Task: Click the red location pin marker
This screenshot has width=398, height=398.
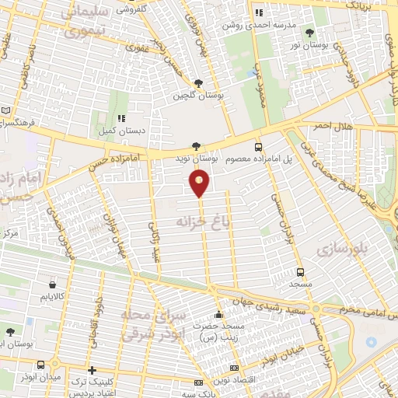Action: click(200, 183)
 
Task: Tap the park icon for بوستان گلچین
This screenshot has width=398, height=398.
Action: click(199, 83)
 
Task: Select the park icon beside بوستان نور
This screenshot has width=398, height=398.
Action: click(310, 33)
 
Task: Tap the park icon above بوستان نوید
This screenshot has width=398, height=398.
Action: click(196, 145)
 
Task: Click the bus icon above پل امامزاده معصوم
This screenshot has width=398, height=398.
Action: click(258, 146)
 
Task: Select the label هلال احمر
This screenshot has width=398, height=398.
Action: click(333, 126)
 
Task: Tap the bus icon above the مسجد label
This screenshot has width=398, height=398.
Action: click(300, 272)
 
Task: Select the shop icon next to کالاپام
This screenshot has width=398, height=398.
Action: click(53, 284)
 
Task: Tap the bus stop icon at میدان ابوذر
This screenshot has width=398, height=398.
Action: click(40, 365)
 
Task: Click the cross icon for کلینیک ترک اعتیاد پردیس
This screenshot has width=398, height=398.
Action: click(92, 370)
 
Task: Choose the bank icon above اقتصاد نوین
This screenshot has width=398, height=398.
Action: click(234, 367)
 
